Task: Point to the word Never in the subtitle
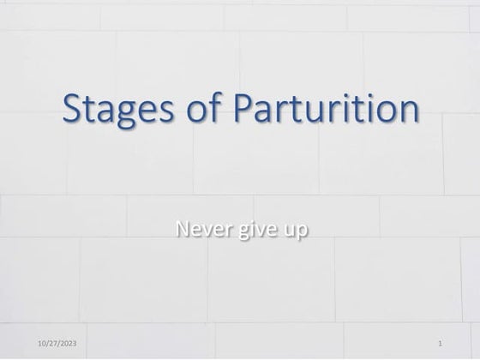pyautogui.click(x=195, y=230)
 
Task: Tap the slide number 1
pyautogui.click(x=440, y=344)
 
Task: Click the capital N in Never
pyautogui.click(x=180, y=229)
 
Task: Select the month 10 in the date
pyautogui.click(x=42, y=344)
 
